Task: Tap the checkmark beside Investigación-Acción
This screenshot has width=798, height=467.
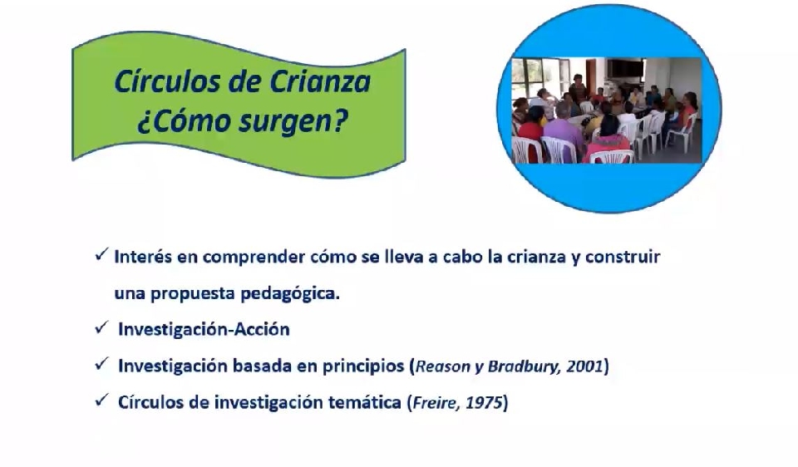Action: point(101,327)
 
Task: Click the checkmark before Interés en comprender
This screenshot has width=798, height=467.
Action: point(101,253)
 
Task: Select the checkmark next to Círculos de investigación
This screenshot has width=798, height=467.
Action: point(101,401)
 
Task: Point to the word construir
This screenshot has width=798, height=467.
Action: point(623,257)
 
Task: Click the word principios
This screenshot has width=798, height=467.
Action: point(363,366)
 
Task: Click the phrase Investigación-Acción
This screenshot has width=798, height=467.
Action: point(204,330)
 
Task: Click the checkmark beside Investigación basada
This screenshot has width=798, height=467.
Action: point(101,364)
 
